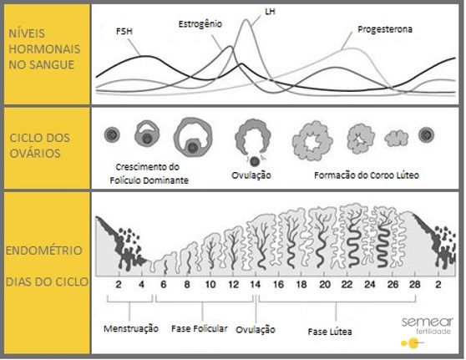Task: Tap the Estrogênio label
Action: (200, 24)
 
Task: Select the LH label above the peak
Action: (247, 10)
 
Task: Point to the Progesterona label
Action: (385, 28)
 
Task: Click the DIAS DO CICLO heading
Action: (46, 281)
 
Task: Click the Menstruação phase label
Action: (130, 329)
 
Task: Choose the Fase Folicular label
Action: (199, 329)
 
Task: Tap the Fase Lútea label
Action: (329, 332)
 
